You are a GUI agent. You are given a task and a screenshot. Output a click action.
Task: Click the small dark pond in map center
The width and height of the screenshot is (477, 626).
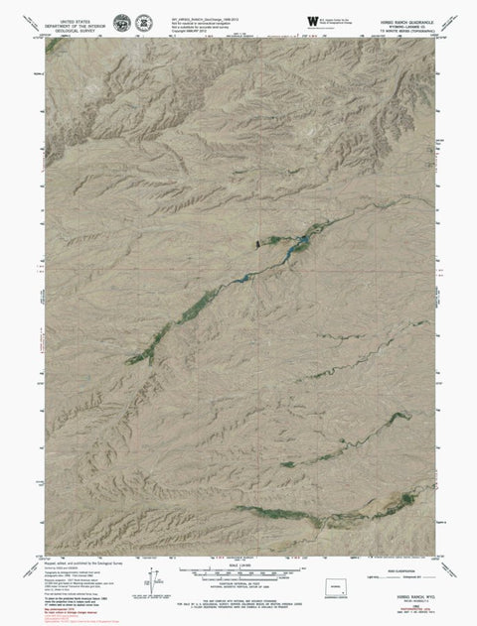257,243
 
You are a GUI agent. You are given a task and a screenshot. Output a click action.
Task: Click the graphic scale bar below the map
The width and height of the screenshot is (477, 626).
238,574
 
